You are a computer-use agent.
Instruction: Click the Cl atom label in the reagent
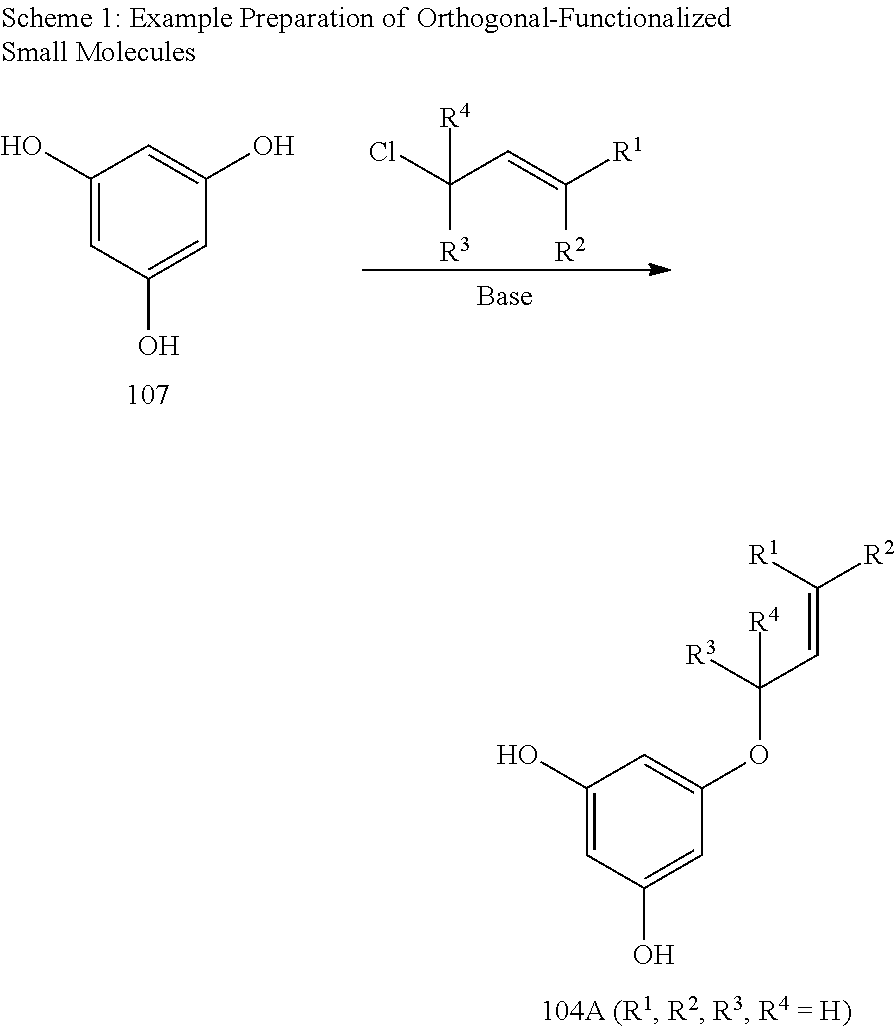383,153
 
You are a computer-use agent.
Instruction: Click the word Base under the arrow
504,297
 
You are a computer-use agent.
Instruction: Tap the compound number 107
148,396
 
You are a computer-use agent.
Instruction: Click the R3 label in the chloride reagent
454,251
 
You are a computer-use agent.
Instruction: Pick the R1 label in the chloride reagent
628,153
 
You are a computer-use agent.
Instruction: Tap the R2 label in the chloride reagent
571,251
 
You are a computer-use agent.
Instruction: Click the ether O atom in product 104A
758,752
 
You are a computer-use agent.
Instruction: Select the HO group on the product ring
518,755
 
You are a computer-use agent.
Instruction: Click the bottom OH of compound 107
158,346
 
